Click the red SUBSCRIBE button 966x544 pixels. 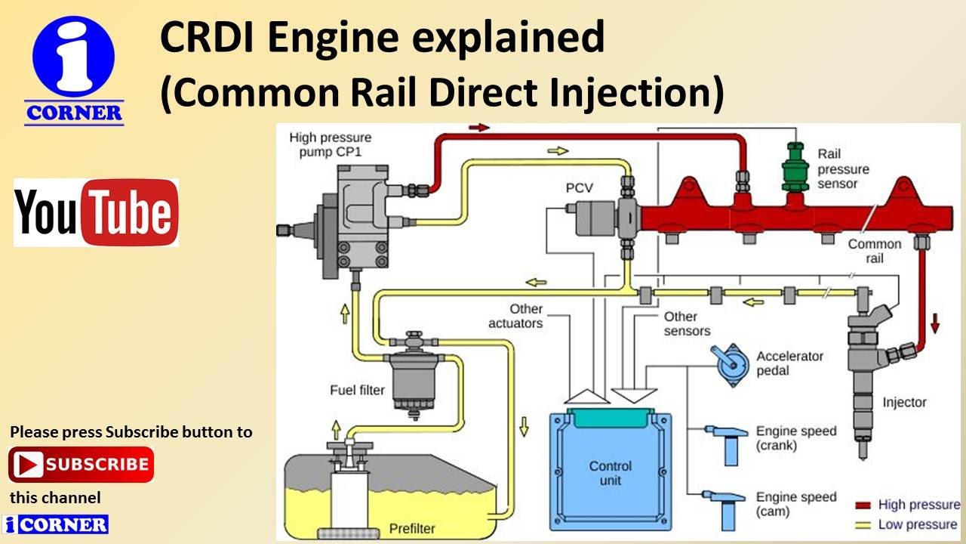pos(81,464)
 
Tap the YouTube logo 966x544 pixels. pos(96,212)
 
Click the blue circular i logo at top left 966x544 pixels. pos(73,57)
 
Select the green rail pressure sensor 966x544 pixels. pos(795,167)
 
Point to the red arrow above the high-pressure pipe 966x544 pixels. pos(479,128)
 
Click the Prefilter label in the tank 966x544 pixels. pos(412,527)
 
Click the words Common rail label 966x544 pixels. pos(874,251)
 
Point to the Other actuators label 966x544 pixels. pos(515,316)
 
